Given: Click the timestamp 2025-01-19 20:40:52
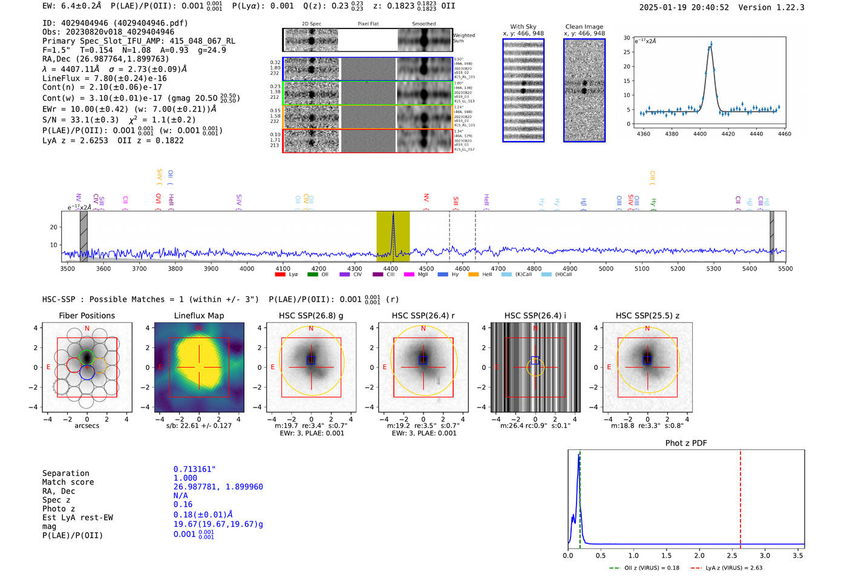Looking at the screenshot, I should tap(684, 7).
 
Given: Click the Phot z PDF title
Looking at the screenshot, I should tap(686, 443).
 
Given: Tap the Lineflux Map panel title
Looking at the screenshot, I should tap(198, 315).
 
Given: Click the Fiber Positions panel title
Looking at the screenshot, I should tap(87, 315).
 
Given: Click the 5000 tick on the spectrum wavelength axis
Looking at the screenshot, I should tap(606, 268).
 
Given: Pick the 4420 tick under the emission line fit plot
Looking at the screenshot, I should tap(728, 134).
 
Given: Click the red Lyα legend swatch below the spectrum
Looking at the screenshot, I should tap(280, 274).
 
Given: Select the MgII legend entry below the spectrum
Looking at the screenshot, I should tap(416, 274).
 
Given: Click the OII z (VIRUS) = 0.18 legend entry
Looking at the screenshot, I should tap(644, 568).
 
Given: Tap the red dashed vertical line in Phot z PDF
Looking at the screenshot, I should tap(740, 496).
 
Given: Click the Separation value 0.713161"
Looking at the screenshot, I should tap(194, 469).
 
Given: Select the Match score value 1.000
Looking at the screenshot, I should tap(185, 478).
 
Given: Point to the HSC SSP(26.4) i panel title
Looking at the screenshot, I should tap(535, 315).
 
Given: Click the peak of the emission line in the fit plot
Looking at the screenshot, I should tap(711, 44).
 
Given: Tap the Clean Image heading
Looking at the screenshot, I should tap(584, 27).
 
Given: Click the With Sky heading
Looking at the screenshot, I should tap(523, 27).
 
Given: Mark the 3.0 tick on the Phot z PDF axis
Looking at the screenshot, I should tap(765, 555).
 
